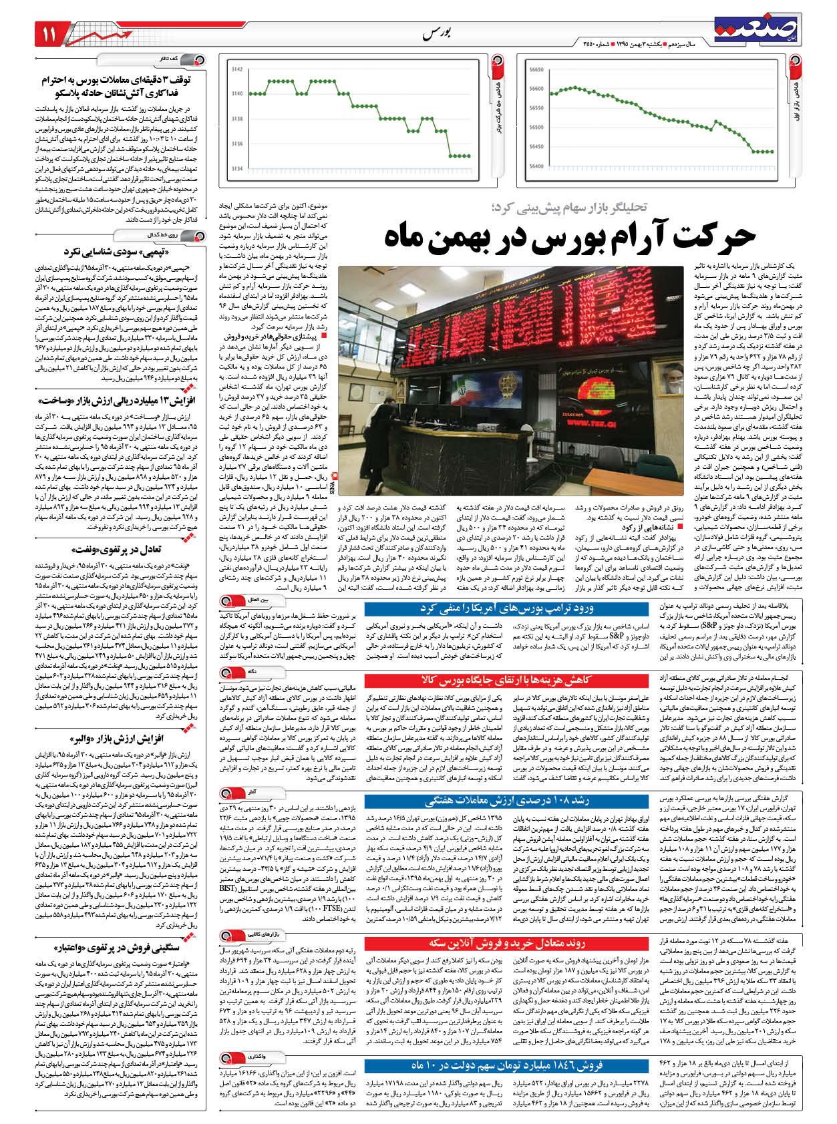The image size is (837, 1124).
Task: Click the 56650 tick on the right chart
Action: [536, 69]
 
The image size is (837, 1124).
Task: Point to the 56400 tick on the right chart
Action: [536, 166]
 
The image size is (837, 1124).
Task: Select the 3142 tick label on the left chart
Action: [237, 69]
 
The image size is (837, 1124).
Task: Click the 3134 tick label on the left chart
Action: [237, 169]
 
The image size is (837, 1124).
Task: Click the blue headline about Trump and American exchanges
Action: [506, 608]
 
